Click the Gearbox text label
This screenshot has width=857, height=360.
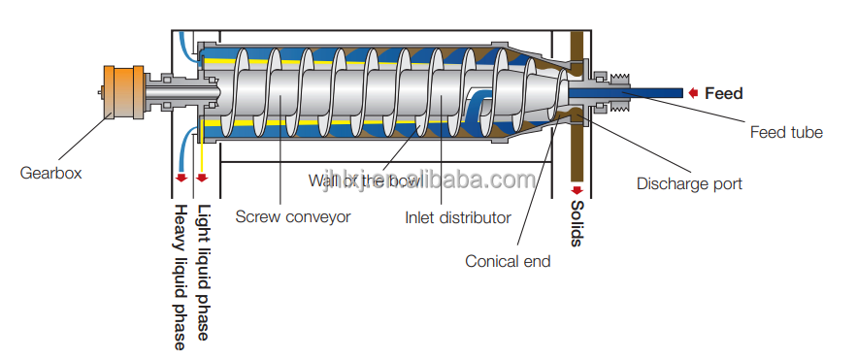[50, 173]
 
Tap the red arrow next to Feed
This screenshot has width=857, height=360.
[694, 93]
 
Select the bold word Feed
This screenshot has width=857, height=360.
[724, 93]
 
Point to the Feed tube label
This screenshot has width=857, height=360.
[786, 132]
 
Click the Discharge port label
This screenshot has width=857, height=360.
[689, 183]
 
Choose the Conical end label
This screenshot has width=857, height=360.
[508, 261]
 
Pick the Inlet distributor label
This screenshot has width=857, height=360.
[457, 217]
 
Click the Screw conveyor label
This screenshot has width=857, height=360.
[292, 217]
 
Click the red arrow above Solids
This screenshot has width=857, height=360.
[576, 189]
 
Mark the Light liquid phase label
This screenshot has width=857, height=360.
[203, 272]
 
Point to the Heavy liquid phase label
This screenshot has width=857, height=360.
[180, 276]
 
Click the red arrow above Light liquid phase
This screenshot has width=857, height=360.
[202, 179]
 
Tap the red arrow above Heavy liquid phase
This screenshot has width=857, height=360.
[180, 179]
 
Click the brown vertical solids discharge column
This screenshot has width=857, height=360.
[576, 146]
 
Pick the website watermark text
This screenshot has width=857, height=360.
[427, 181]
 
